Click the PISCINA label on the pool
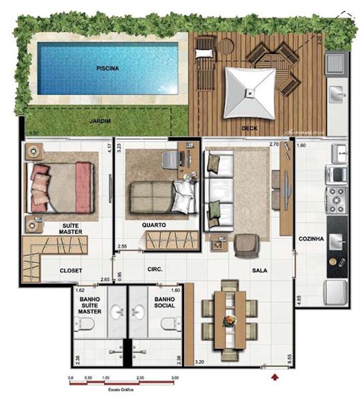click(x=107, y=68)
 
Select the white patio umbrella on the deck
click(x=249, y=93)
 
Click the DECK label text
click(x=250, y=128)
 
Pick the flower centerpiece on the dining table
click(x=229, y=321)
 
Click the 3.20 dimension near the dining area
click(x=200, y=362)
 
